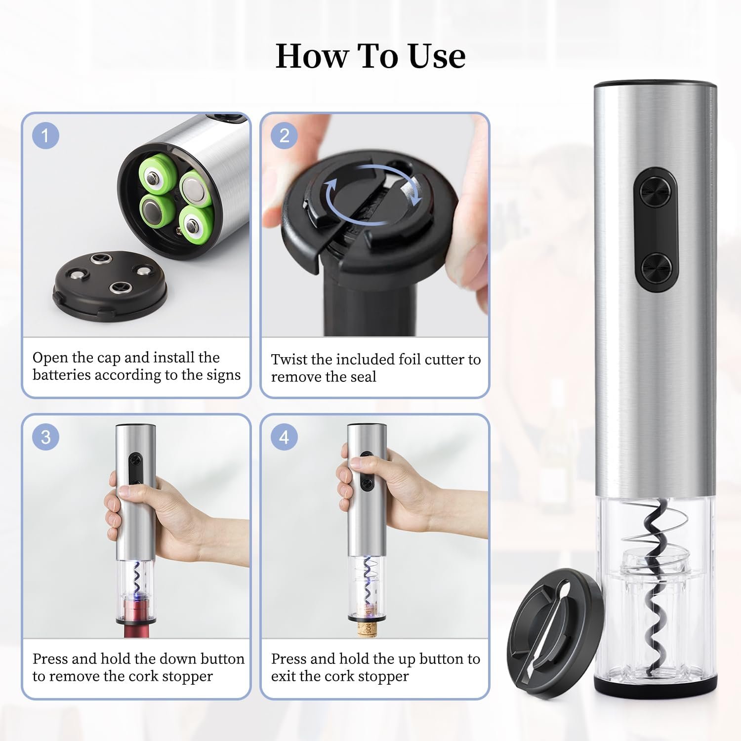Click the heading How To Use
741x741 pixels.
point(370,56)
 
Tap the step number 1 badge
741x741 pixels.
point(46,135)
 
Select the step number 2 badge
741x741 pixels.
point(284,135)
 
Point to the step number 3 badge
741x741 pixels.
point(46,437)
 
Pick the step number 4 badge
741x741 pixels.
point(284,437)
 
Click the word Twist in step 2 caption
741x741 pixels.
point(289,359)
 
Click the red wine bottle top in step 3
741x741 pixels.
point(136,617)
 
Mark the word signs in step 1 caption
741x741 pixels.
point(223,375)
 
